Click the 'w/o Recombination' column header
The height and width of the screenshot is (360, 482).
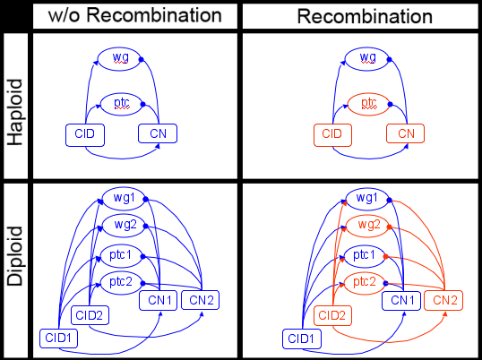(x=135, y=15)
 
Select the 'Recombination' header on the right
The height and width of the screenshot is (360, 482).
(x=365, y=16)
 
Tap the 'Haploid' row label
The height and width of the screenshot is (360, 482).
(x=14, y=112)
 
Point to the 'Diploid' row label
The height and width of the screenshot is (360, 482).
(x=14, y=256)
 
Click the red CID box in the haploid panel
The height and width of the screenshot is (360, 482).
(x=332, y=135)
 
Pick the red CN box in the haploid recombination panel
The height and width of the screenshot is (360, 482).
(x=406, y=133)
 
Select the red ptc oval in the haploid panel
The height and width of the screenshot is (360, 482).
(x=368, y=104)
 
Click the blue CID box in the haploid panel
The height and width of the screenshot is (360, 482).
(x=85, y=135)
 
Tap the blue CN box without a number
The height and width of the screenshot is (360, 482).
(x=158, y=133)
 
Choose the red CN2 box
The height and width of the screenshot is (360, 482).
(x=443, y=300)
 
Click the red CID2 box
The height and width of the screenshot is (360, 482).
(x=332, y=315)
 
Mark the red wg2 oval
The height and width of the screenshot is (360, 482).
(x=368, y=226)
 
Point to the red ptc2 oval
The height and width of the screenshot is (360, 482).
(x=365, y=283)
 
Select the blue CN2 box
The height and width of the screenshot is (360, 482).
(x=200, y=300)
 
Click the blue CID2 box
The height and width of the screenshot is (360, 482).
(x=90, y=315)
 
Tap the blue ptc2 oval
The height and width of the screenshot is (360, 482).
(x=122, y=283)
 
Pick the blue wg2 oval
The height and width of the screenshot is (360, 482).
(x=124, y=226)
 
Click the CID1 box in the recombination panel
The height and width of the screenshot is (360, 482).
(x=302, y=339)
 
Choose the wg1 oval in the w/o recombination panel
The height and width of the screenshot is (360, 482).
(x=124, y=199)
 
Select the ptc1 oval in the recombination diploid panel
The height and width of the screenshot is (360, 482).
(x=365, y=255)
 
